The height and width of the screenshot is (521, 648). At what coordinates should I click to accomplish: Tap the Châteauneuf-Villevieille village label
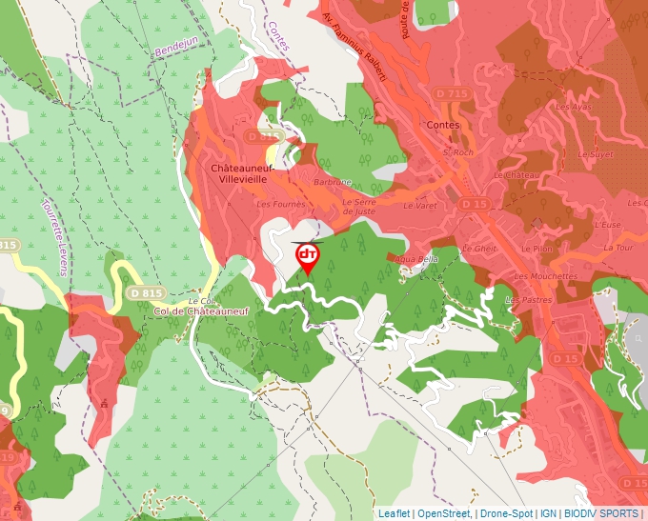click(243, 172)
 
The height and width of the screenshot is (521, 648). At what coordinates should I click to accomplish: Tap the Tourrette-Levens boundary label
click(52, 237)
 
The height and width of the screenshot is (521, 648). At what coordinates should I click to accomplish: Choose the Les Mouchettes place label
click(545, 276)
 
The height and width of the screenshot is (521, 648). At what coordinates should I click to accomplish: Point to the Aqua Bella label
click(420, 258)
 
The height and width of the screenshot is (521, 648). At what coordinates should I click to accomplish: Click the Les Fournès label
click(279, 203)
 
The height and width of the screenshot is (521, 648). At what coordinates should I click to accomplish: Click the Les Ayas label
click(574, 108)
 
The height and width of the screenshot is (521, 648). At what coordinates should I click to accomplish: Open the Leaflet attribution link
click(394, 513)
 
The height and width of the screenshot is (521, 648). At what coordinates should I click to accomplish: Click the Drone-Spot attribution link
click(506, 513)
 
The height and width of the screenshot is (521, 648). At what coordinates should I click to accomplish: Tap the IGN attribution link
click(548, 513)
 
